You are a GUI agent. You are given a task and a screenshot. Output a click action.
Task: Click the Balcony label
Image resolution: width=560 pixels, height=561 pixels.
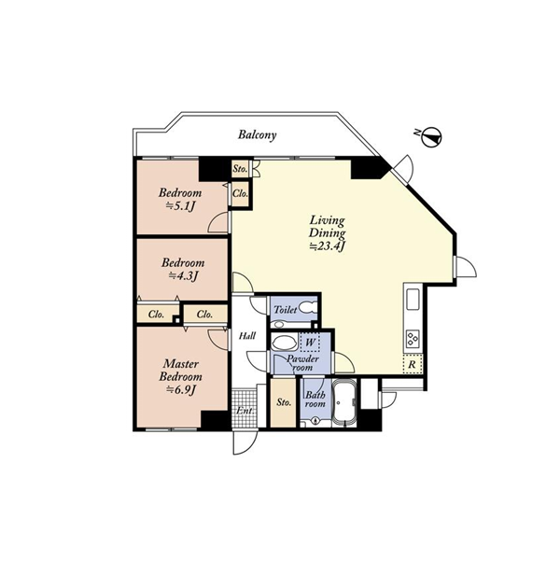click(258, 135)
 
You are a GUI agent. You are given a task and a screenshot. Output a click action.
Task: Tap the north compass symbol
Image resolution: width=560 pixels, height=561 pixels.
click(432, 137)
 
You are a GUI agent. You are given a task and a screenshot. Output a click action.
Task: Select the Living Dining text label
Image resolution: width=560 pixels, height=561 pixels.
click(327, 227)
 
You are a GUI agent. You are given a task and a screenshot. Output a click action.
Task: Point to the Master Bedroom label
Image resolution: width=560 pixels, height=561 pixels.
click(181, 370)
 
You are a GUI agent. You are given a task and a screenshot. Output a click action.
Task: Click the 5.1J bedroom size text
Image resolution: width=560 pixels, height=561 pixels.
click(181, 206)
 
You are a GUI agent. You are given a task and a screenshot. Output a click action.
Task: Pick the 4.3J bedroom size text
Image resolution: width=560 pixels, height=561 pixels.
click(183, 276)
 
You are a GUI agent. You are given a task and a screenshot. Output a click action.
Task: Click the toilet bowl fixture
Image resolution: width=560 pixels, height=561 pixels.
click(307, 308)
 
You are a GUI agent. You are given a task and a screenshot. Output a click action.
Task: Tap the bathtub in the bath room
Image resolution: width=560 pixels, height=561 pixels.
click(343, 403)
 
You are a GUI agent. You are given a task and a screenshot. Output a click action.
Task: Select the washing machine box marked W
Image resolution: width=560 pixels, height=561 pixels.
click(310, 343)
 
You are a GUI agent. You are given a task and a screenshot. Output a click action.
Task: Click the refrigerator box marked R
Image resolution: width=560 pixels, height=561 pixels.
click(413, 364)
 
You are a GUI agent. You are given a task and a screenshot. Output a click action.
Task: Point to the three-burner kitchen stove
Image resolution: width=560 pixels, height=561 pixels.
click(413, 338)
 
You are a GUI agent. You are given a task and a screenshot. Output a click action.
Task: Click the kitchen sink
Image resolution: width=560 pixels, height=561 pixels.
click(413, 300)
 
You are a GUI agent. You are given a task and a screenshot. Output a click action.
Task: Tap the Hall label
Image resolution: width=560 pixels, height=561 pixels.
click(247, 336)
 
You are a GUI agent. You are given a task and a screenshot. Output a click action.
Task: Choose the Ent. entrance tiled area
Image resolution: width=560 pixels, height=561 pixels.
click(245, 408)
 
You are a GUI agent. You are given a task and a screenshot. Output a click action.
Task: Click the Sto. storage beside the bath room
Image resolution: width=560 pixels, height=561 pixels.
click(284, 402)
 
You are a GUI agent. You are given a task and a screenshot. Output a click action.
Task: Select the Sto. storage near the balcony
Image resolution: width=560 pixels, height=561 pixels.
click(240, 169)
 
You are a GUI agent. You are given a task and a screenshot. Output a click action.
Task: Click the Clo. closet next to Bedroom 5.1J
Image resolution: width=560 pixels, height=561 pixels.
click(240, 194)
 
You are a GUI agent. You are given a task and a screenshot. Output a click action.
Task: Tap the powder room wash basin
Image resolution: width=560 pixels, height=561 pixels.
click(284, 343)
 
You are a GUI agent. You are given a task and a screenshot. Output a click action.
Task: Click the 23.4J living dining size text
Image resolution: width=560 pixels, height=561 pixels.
click(327, 246)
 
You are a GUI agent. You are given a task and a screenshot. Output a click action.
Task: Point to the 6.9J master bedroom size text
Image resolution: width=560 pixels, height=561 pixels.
click(181, 389)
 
